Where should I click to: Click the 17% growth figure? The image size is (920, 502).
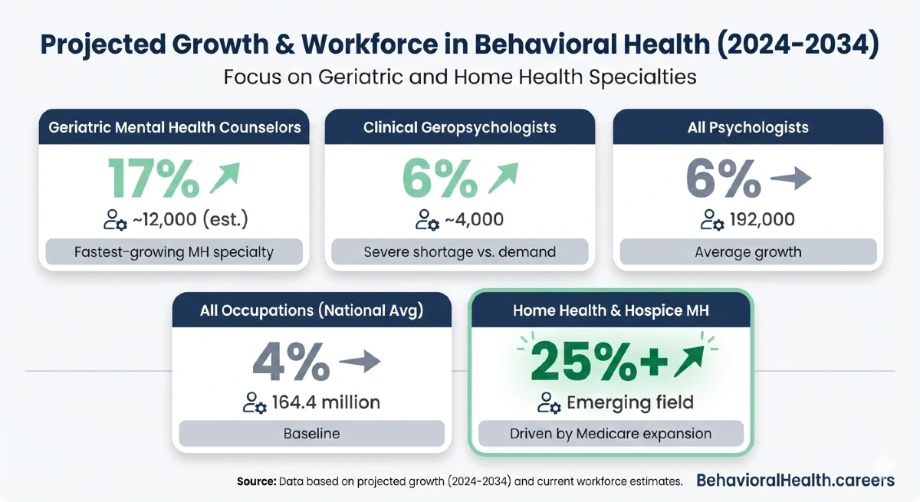[x=153, y=179]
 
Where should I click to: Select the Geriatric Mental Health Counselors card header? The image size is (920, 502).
[x=175, y=127]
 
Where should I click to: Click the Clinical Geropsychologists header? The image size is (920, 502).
[x=460, y=127]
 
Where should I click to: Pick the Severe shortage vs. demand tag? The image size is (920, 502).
[x=460, y=252]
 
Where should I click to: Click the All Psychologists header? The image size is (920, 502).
[x=747, y=127]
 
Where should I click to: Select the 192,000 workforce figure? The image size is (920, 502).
[x=758, y=220]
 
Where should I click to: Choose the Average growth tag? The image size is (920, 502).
[x=747, y=252]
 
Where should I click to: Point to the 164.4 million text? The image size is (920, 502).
[x=326, y=402]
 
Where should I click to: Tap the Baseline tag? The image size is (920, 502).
[x=312, y=434]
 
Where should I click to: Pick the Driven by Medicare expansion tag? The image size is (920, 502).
[x=611, y=434]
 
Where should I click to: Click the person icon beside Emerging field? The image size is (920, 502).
[x=547, y=402]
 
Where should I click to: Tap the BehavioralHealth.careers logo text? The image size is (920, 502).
[x=795, y=481]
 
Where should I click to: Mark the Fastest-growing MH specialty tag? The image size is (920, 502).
[x=175, y=252]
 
